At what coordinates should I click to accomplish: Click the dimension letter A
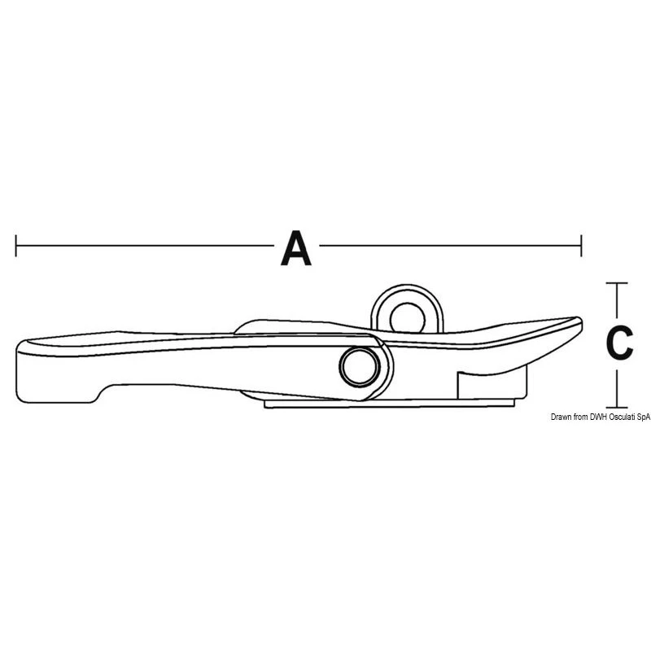296,248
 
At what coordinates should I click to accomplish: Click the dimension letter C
619,342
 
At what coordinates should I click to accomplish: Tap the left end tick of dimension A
15,246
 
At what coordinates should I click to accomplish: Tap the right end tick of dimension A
581,246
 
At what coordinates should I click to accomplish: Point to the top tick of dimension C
617,283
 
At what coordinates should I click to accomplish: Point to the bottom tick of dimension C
617,407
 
